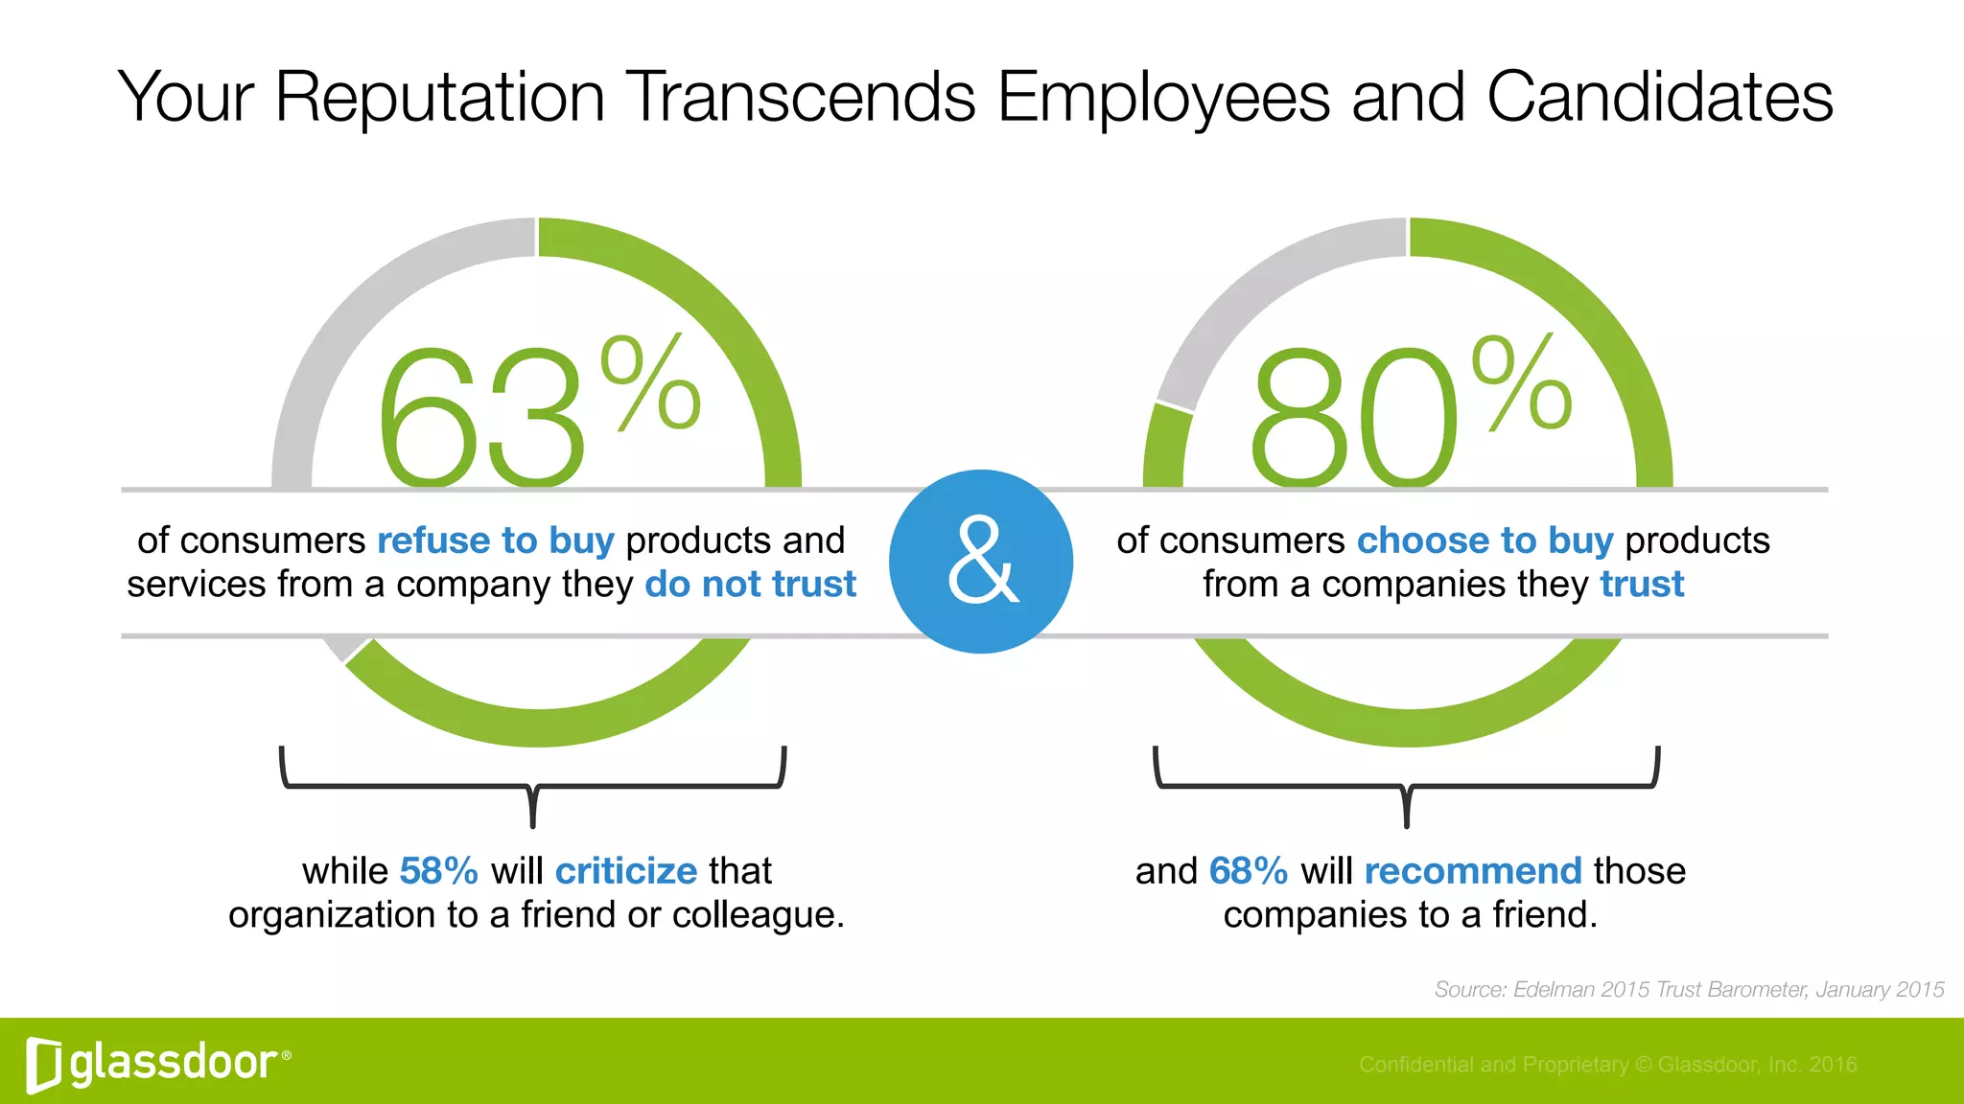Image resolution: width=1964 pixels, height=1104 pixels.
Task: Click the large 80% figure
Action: click(1410, 412)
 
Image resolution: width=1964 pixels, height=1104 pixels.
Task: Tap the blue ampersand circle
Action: click(981, 562)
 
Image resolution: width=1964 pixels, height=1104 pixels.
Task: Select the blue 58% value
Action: click(438, 871)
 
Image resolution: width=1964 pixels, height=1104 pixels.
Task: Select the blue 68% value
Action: click(1248, 871)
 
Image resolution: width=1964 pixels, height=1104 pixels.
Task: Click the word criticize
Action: click(626, 871)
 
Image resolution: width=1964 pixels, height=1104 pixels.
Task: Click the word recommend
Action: click(1472, 871)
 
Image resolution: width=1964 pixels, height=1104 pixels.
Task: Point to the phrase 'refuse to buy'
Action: click(495, 541)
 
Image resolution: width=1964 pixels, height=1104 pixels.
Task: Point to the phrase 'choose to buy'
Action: click(1485, 541)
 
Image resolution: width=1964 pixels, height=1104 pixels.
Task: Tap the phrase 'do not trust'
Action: click(750, 585)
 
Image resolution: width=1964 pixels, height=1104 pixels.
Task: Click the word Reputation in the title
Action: click(439, 98)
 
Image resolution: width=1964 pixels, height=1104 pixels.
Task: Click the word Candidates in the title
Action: click(1659, 98)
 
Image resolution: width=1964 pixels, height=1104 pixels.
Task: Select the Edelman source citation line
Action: click(1689, 990)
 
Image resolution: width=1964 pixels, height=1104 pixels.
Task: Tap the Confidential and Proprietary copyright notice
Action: click(1607, 1065)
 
